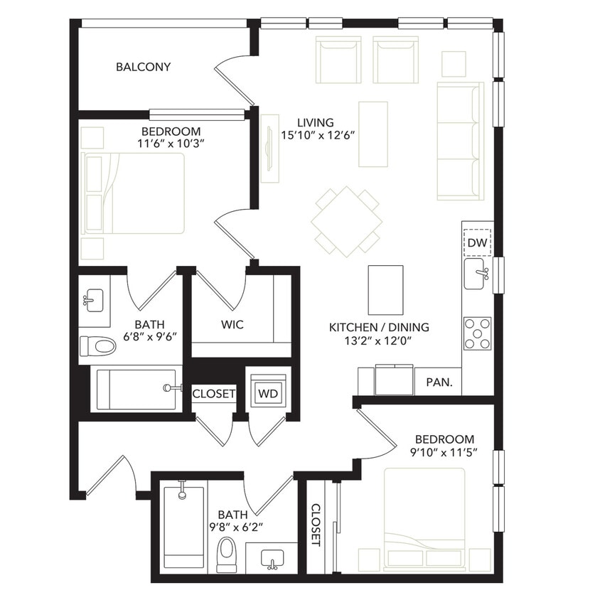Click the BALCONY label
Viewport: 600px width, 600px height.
click(x=143, y=68)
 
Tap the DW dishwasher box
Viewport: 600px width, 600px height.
click(x=477, y=243)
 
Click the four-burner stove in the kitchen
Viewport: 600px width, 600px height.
click(x=477, y=333)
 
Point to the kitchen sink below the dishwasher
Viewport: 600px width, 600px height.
click(x=476, y=274)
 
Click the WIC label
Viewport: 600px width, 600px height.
click(x=232, y=325)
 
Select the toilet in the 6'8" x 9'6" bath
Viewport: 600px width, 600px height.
click(x=97, y=346)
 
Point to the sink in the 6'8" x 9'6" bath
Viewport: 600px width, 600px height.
click(x=93, y=299)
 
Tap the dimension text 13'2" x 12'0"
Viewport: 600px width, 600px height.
click(x=379, y=341)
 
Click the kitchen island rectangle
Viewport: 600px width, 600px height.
click(x=385, y=289)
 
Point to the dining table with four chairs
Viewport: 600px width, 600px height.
click(x=346, y=222)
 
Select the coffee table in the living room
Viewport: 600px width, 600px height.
click(x=373, y=134)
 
